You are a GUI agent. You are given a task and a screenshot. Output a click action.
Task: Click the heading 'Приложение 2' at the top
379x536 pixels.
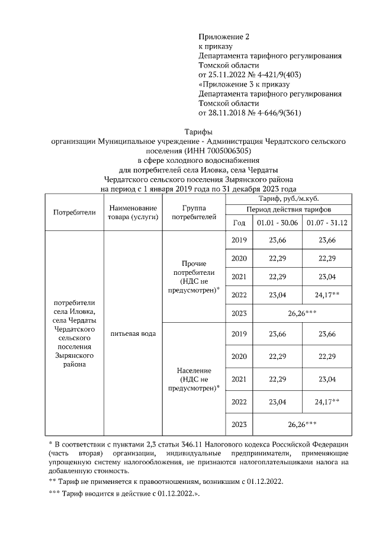click(x=221, y=37)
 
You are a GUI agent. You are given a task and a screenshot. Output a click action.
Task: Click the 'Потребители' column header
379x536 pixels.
click(x=75, y=213)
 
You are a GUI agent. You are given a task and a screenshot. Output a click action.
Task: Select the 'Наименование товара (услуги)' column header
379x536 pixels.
click(x=133, y=213)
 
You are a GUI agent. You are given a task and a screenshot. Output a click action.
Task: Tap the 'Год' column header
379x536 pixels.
click(x=239, y=223)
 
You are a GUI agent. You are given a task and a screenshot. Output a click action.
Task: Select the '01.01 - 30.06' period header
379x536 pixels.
click(x=277, y=223)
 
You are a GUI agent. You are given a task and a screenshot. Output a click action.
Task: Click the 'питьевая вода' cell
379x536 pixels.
click(x=133, y=334)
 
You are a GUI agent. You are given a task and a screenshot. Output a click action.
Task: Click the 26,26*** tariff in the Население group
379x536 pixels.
click(x=302, y=424)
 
